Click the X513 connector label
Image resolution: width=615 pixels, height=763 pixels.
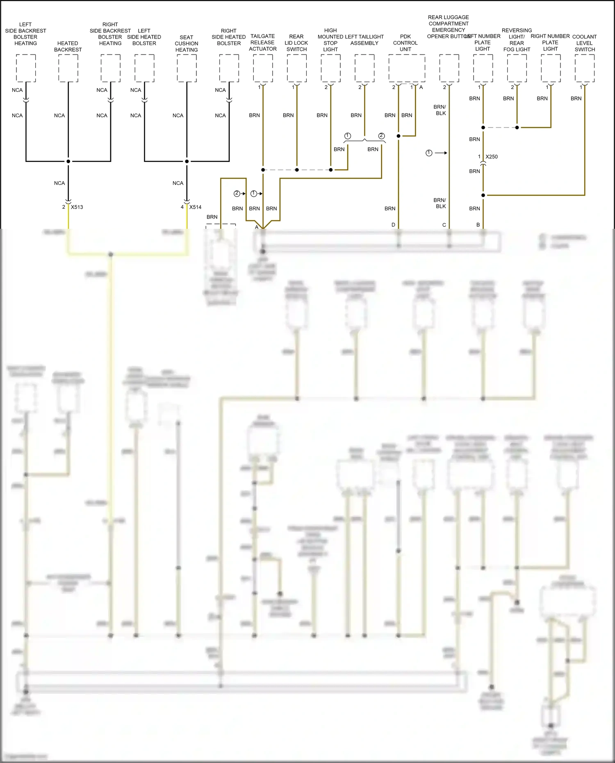click(77, 207)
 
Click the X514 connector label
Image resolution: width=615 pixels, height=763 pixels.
click(195, 207)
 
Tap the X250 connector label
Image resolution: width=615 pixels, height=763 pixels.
click(491, 157)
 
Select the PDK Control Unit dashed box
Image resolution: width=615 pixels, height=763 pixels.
click(407, 68)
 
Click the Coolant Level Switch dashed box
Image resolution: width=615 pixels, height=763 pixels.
click(584, 68)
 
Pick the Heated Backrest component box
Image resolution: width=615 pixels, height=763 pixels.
click(68, 68)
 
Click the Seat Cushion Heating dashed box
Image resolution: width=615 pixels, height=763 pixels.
click(187, 68)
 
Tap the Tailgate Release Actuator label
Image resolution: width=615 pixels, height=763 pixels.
click(263, 43)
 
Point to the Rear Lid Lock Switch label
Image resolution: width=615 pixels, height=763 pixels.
click(296, 43)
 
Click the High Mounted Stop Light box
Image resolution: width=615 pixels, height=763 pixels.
click(330, 68)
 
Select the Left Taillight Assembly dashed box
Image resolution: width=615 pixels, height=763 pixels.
click(364, 68)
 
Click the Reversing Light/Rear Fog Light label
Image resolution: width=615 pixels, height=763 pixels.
click(517, 40)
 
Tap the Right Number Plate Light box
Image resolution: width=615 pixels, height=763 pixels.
click(551, 68)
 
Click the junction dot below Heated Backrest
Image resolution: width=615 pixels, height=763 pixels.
click(68, 161)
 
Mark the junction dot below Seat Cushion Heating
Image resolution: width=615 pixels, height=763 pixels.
click(187, 161)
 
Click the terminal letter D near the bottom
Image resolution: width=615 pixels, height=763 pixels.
click(393, 225)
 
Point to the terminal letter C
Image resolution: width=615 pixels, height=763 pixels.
click(444, 225)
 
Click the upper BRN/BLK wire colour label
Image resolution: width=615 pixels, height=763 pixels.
click(440, 110)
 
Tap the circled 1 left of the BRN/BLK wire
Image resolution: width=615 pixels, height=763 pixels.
click(429, 153)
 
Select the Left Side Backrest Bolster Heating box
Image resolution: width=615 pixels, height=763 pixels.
click(26, 68)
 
